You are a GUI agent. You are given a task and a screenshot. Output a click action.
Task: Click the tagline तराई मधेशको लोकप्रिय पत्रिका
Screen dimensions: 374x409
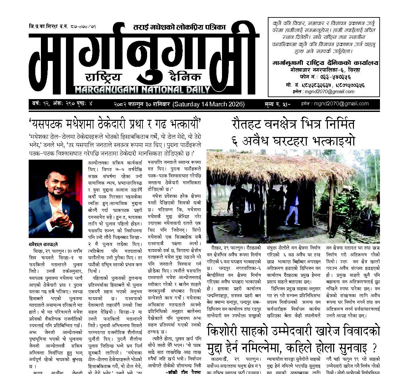179,27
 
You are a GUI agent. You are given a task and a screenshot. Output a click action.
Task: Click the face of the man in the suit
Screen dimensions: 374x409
55,188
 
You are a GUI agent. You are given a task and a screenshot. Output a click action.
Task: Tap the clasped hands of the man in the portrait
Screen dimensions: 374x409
62,218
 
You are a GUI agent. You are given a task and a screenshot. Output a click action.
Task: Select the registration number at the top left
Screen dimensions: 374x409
62,26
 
